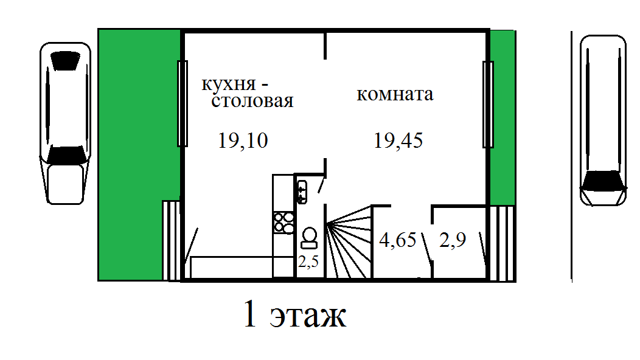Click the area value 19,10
pos(242,141)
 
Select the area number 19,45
pos(398,141)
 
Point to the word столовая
pos(252,101)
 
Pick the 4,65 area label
pos(398,240)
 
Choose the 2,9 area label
pos(453,240)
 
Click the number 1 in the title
pos(250,315)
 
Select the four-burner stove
pos(283,221)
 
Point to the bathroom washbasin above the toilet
pos(303,191)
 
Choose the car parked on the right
pos(603,120)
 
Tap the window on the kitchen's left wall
pos(182,103)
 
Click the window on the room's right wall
pos(487,103)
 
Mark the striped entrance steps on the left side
pos(172,240)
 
